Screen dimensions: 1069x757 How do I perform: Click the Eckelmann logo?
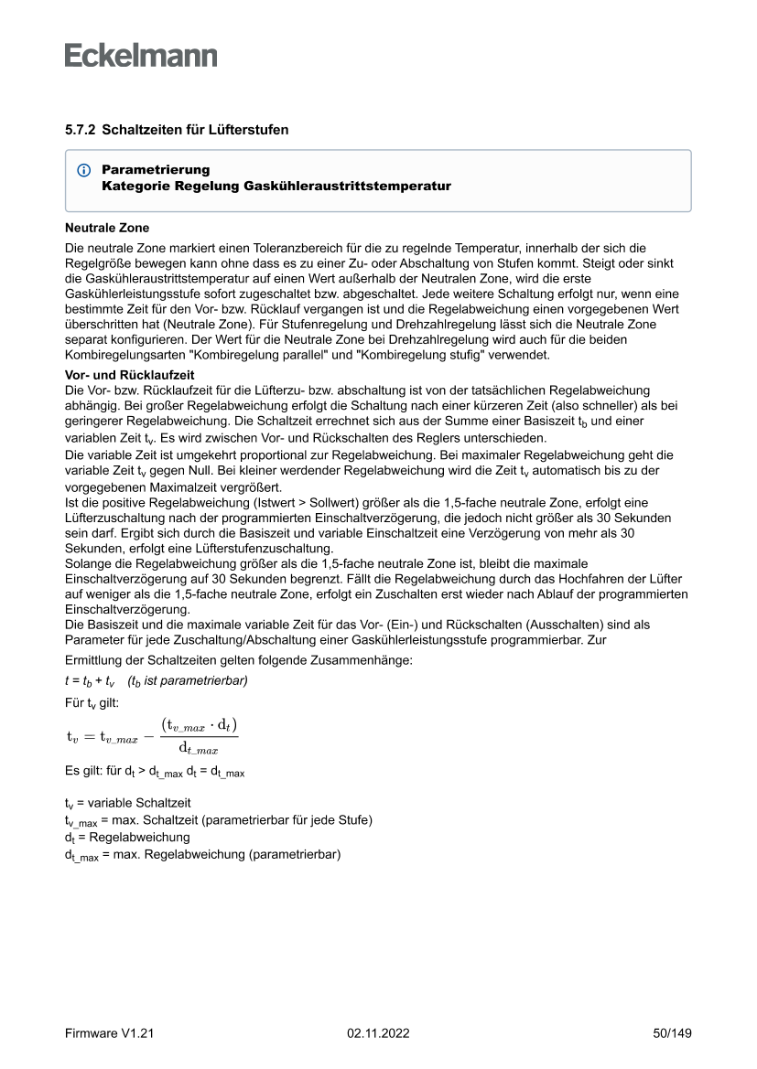(x=141, y=55)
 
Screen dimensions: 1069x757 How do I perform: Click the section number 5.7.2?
(x=80, y=130)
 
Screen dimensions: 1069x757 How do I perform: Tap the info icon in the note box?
(x=84, y=171)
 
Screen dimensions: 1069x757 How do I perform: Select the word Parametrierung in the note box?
(x=156, y=170)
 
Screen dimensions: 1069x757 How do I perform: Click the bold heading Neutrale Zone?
(x=107, y=228)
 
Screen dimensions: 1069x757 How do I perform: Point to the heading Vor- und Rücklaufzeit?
(x=129, y=375)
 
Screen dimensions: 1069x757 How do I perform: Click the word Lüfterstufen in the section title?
(x=250, y=130)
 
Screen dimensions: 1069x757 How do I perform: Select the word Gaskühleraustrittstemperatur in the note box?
(x=348, y=186)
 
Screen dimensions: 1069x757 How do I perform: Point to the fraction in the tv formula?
(x=199, y=737)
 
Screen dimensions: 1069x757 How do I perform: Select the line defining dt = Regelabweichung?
(x=127, y=837)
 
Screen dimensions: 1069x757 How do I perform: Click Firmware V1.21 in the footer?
(x=109, y=1033)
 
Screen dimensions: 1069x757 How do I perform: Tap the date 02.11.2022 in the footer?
(x=378, y=1033)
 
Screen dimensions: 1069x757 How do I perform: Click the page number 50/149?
(x=672, y=1033)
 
